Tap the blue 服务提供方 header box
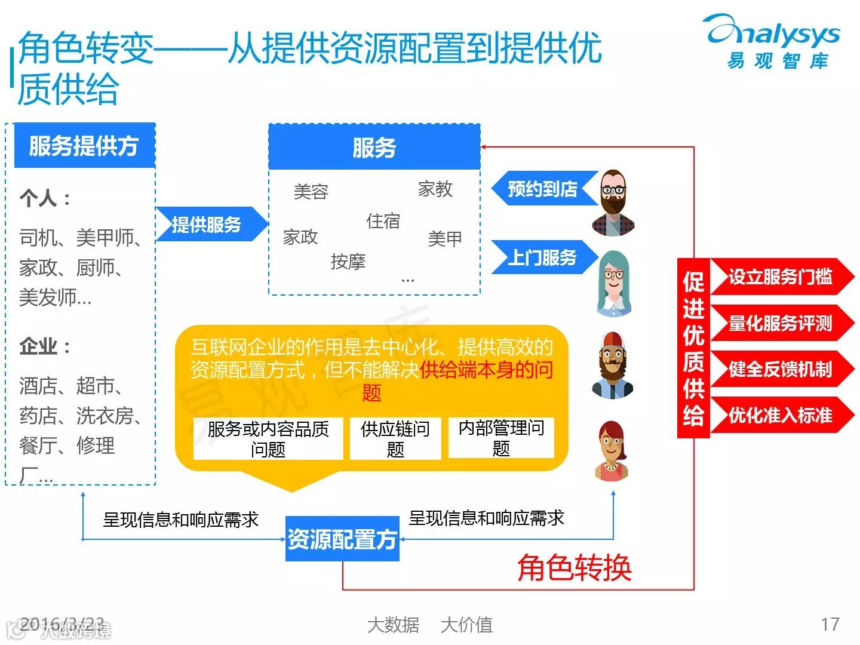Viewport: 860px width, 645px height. point(84,146)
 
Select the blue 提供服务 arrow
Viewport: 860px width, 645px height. point(209,225)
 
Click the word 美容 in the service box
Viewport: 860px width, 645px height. point(311,192)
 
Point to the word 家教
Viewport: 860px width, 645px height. point(435,189)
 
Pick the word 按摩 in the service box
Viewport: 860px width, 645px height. point(348,261)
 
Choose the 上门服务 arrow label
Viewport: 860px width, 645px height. point(542,257)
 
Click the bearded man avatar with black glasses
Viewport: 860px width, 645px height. point(613,202)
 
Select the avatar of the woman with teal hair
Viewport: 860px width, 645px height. point(613,284)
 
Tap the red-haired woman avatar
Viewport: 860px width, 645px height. point(612,451)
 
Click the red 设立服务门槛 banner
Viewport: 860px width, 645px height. point(780,277)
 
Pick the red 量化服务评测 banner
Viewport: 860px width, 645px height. point(780,323)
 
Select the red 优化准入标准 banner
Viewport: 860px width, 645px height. point(780,415)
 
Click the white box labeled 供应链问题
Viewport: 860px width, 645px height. point(395,438)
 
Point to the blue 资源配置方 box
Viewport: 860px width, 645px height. point(342,539)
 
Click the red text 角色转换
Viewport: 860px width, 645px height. point(574,567)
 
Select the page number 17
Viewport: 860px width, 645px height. point(830,624)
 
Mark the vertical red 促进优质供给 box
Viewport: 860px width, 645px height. point(693,348)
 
